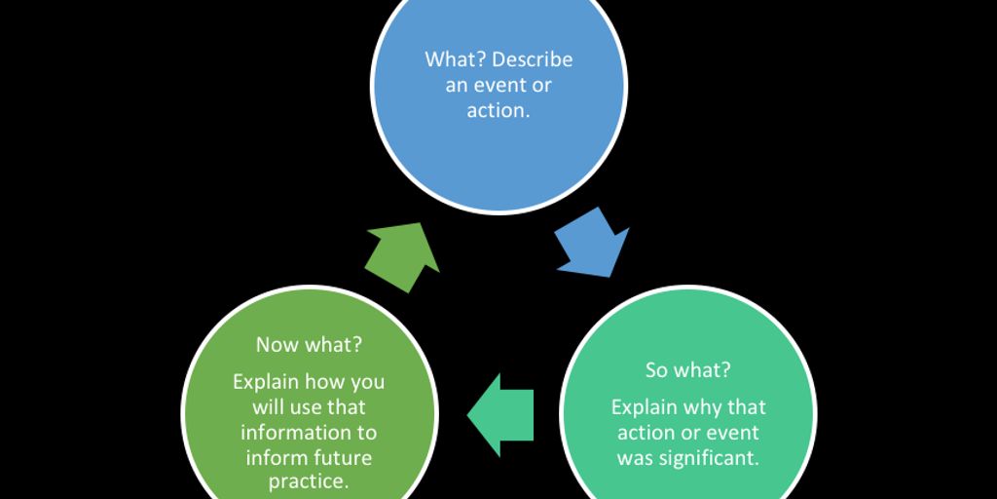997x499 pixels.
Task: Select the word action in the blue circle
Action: pos(495,110)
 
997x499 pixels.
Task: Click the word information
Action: pos(309,432)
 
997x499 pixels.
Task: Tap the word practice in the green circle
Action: pos(309,482)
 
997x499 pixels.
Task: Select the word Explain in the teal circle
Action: pos(642,406)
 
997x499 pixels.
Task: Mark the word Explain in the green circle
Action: pos(266,381)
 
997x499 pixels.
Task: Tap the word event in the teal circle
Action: pos(729,432)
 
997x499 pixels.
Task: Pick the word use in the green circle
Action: pos(308,406)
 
